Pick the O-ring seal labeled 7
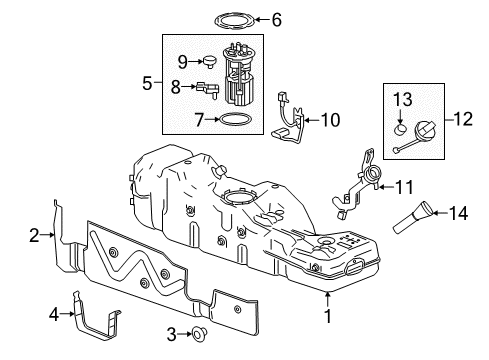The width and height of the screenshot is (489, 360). point(236,120)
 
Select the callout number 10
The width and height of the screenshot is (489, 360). point(329,120)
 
